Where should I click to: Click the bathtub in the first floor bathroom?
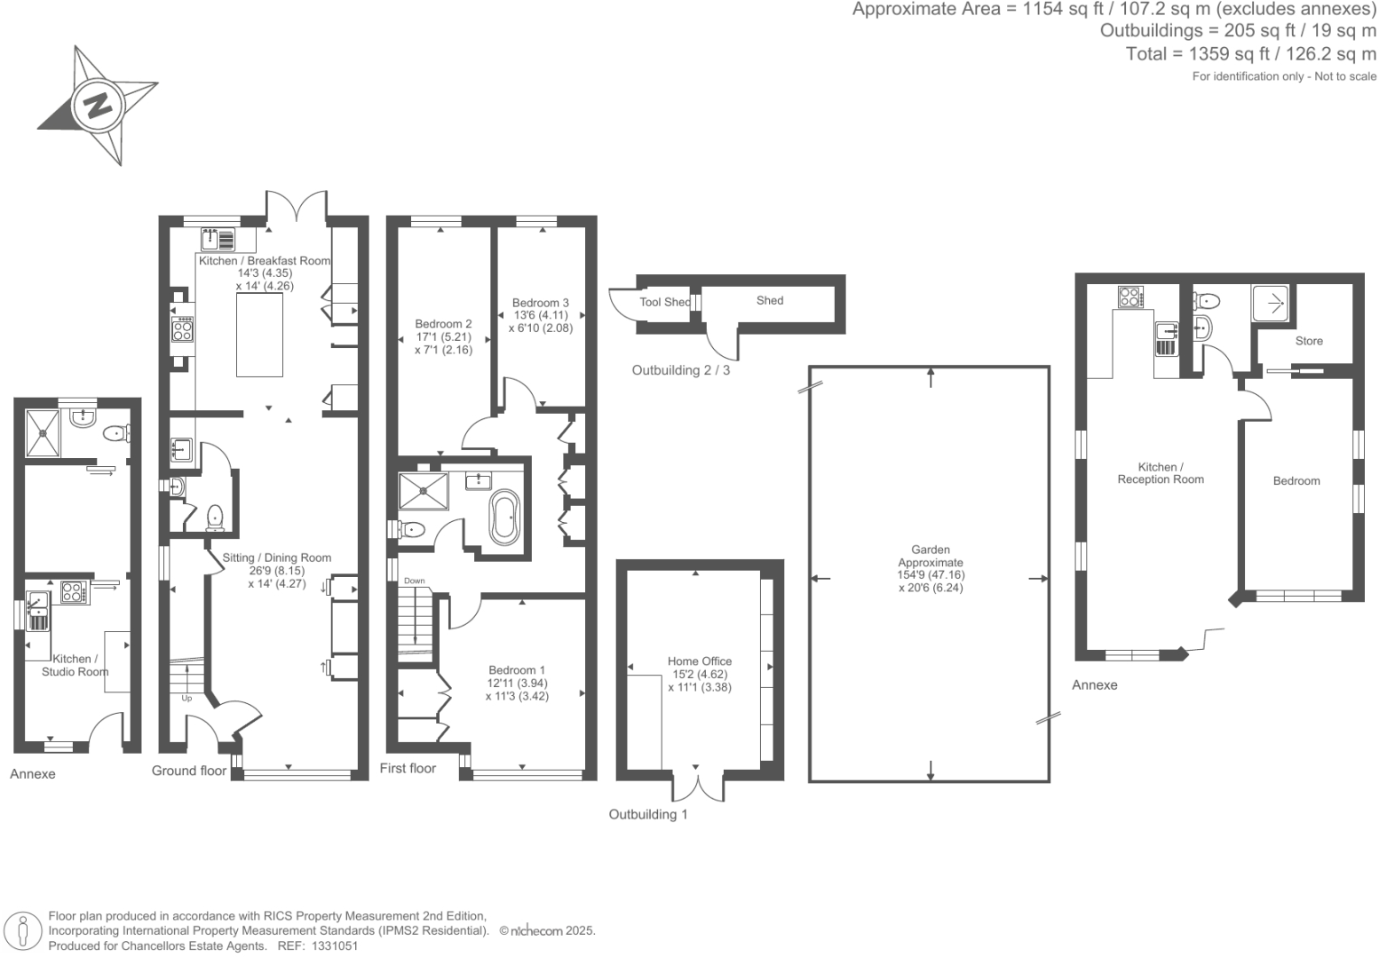(x=504, y=517)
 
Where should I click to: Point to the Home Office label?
(x=700, y=661)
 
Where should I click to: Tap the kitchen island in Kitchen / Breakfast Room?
(x=259, y=334)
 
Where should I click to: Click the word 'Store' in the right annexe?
(x=1308, y=341)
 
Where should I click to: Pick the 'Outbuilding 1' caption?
(x=647, y=814)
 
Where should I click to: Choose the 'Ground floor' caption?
(x=188, y=771)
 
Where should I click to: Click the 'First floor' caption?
(x=408, y=768)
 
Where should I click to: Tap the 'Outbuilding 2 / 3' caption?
(x=680, y=370)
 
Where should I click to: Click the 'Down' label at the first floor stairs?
(x=415, y=581)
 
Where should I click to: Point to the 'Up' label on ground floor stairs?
(x=186, y=699)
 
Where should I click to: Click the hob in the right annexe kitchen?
(x=1129, y=297)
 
